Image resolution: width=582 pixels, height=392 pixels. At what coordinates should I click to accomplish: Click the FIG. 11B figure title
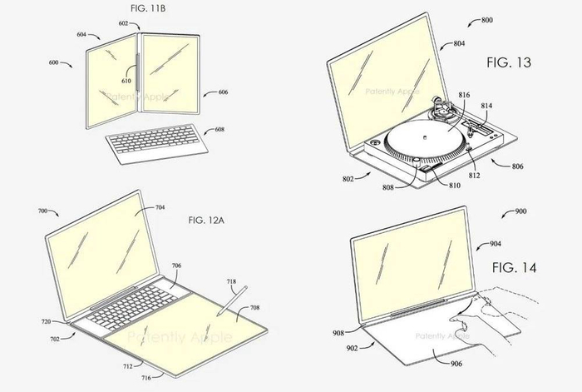click(148, 8)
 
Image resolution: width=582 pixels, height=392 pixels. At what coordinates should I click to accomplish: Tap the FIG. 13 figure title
click(509, 62)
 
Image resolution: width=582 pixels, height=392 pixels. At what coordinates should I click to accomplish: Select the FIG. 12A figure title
click(206, 221)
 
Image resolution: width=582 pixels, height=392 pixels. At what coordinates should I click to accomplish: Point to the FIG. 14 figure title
click(514, 267)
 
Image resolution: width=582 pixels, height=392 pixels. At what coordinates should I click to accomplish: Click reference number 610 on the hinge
click(126, 81)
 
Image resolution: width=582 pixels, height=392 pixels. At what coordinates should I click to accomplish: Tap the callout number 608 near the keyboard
click(219, 130)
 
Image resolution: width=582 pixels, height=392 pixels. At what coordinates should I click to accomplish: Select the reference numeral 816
click(464, 95)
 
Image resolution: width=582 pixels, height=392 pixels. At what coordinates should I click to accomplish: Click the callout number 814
click(486, 106)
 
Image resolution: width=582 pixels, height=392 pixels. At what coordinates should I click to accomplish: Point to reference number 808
click(388, 187)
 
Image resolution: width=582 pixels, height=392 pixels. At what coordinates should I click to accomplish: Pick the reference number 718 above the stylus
click(231, 281)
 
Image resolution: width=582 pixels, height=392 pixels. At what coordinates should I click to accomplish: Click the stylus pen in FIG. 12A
click(233, 301)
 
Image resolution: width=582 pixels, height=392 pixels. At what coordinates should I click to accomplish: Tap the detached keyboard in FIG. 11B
click(157, 142)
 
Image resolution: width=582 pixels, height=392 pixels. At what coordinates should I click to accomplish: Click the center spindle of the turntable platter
click(422, 137)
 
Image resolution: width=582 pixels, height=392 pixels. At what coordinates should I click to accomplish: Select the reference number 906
click(456, 364)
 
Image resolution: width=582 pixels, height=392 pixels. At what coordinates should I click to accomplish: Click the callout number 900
click(520, 211)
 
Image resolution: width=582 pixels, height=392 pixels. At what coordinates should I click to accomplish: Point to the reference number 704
click(160, 207)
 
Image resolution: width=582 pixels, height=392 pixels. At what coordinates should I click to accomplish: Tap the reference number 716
click(145, 378)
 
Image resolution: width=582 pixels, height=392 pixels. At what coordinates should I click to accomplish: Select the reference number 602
click(123, 23)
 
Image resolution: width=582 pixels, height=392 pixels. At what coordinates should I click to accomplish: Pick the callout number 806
click(517, 166)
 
